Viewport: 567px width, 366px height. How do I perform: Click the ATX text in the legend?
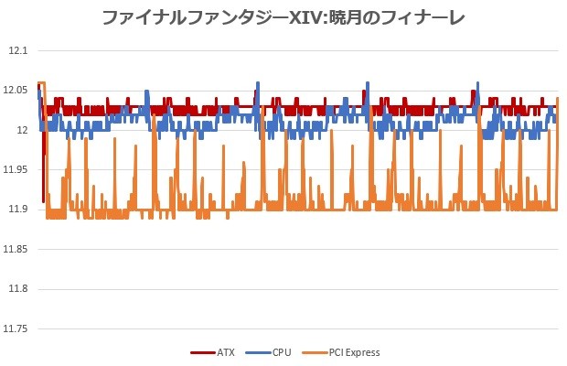coord(226,352)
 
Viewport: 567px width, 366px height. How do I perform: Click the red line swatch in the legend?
coord(201,352)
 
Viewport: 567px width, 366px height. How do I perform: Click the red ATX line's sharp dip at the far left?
coord(43,197)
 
